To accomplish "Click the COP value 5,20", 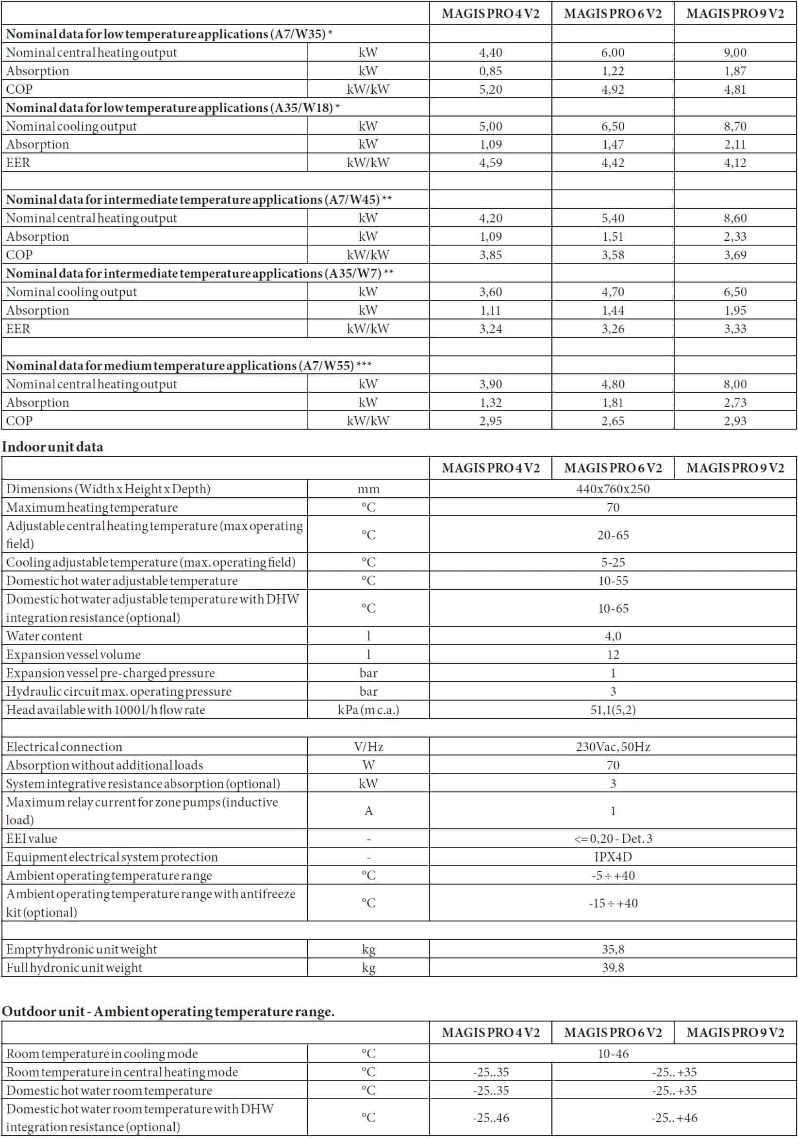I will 490,89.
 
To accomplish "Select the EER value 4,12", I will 735,163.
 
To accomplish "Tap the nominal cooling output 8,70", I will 735,126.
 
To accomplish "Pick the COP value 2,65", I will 613,421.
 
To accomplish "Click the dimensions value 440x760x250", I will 613,489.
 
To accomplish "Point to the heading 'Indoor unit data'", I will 52,447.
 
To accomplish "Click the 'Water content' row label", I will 44,636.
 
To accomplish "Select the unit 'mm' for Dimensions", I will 368,489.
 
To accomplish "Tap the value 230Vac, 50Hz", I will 613,747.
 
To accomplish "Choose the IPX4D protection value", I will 613,857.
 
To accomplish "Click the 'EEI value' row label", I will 31,838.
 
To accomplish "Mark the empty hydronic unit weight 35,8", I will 613,949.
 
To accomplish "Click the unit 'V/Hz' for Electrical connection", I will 368,747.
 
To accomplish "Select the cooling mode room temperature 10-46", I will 613,1054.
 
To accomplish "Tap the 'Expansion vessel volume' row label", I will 73,654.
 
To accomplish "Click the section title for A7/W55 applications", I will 189,366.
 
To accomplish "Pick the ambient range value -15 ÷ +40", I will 613,903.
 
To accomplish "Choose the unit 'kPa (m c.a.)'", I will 368,710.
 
